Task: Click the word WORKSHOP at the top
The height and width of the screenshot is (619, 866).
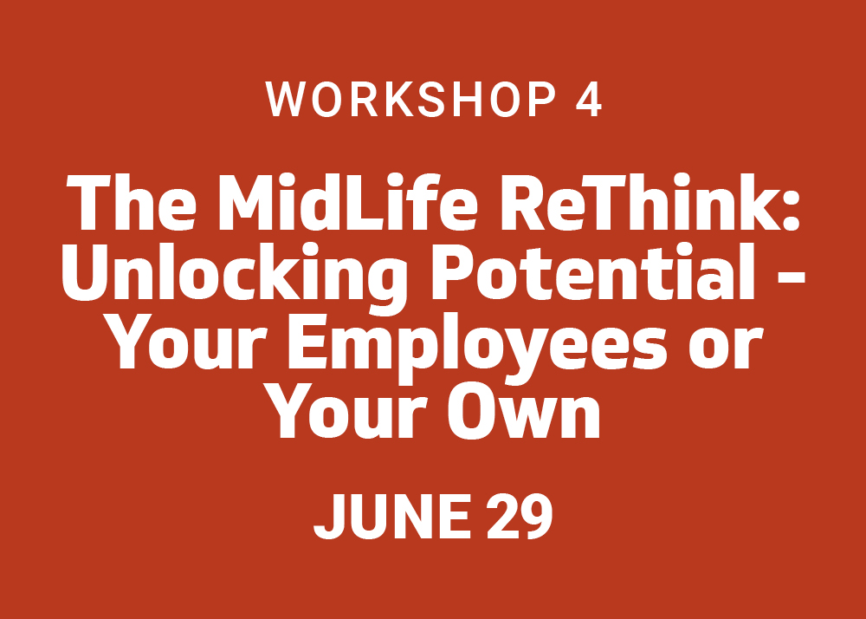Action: point(410,100)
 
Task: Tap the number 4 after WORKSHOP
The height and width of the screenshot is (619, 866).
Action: point(588,100)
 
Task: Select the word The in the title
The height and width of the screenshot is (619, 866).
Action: point(131,202)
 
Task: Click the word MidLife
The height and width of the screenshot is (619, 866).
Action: point(348,202)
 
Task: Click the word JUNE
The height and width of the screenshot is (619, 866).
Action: point(392,516)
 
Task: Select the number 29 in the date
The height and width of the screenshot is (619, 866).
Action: point(520,516)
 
